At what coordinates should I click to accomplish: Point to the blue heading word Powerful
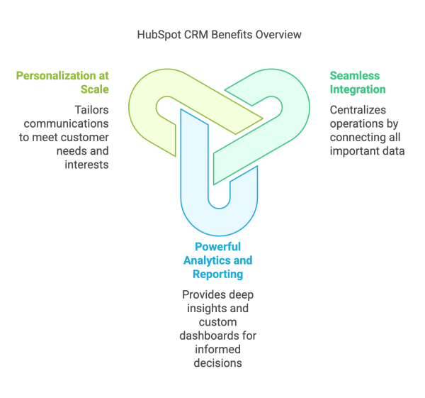pos(217,247)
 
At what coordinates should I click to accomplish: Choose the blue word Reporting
pos(217,274)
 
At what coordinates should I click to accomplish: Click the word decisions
pos(217,363)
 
